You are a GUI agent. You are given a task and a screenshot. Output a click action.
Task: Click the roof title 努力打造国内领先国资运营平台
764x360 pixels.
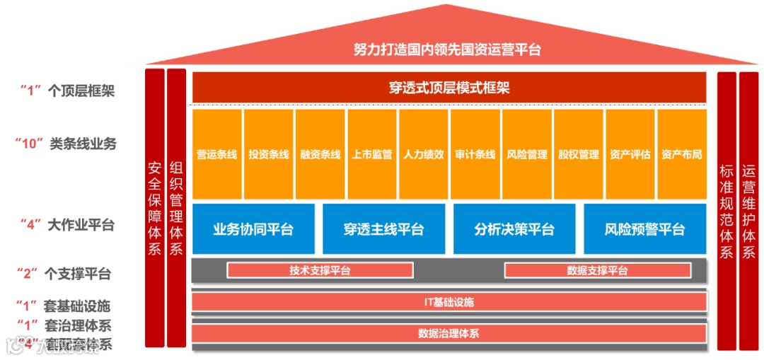click(x=447, y=50)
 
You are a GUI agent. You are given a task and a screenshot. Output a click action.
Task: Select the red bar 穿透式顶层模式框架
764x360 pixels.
click(x=449, y=88)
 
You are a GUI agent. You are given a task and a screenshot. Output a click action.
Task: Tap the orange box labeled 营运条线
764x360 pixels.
click(x=216, y=153)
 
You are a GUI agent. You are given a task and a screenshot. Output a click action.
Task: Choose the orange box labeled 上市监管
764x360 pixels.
click(x=372, y=153)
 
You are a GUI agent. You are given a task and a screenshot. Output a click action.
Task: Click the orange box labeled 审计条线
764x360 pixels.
click(x=475, y=153)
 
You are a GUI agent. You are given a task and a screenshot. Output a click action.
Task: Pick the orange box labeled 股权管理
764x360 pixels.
click(x=579, y=153)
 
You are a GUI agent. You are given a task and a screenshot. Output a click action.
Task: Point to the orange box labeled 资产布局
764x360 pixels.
click(x=682, y=153)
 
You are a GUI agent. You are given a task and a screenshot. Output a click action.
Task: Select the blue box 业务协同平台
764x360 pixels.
click(x=253, y=228)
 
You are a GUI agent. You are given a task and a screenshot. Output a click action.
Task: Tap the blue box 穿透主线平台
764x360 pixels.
click(x=383, y=228)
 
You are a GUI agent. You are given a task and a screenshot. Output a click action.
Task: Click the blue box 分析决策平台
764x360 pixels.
click(x=514, y=228)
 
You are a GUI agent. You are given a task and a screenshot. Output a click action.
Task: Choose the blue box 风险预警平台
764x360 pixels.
click(x=644, y=228)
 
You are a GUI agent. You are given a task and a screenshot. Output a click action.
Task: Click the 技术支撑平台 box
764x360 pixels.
click(x=320, y=270)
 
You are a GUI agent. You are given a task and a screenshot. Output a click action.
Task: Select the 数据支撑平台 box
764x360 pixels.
click(x=598, y=270)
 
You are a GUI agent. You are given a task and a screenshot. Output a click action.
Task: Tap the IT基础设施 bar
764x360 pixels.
click(x=449, y=302)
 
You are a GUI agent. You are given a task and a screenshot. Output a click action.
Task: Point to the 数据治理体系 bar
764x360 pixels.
click(x=449, y=333)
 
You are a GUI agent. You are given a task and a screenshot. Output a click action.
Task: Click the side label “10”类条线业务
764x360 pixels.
click(x=65, y=143)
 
